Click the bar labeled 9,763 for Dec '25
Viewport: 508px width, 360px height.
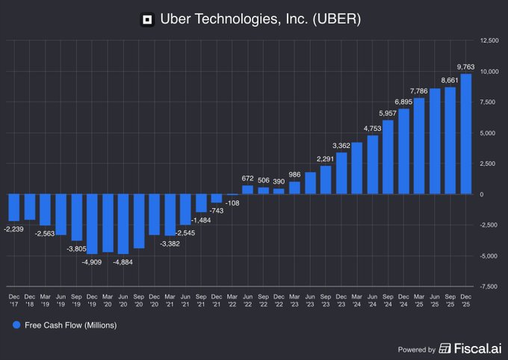tap(466, 134)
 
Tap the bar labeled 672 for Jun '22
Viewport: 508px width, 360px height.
tap(248, 190)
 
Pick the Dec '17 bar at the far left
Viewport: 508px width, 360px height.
tap(14, 208)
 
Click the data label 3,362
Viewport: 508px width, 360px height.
tap(341, 145)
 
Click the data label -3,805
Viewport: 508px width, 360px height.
tap(75, 248)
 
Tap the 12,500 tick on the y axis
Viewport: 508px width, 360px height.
tap(489, 40)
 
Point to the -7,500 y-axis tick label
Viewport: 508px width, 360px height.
tap(489, 287)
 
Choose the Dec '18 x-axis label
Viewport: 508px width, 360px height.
tap(30, 300)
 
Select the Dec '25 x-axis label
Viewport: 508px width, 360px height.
tap(466, 300)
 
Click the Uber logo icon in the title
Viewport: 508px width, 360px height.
tap(148, 19)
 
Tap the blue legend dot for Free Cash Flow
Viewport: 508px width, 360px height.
tap(16, 326)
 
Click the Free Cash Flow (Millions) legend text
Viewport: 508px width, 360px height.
tap(70, 326)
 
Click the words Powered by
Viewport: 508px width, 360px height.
tap(417, 349)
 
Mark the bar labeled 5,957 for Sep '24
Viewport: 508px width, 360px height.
tap(388, 158)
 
